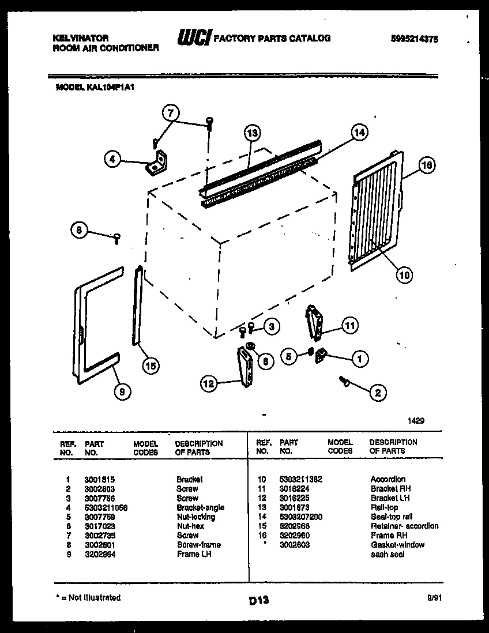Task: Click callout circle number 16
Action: coord(426,165)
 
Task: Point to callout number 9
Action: coord(121,391)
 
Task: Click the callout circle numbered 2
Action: coord(377,394)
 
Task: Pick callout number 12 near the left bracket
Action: coord(210,382)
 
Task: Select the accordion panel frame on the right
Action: coord(375,210)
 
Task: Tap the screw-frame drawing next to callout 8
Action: coord(116,236)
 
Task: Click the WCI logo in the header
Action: coord(194,39)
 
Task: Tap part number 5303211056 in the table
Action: coord(106,507)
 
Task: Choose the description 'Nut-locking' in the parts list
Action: coord(195,517)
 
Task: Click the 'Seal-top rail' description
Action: coord(392,517)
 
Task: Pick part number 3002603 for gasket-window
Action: coord(294,545)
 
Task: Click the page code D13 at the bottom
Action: coord(259,601)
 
